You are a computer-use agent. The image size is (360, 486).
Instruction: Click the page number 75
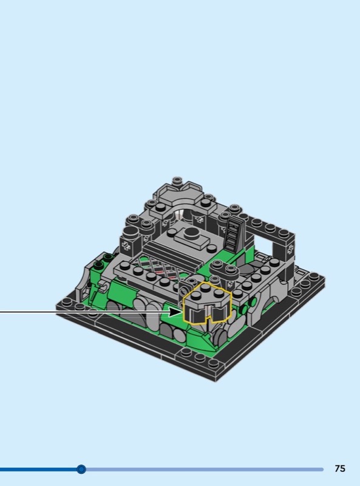[x=339, y=468]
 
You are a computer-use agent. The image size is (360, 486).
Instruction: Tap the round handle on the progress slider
[x=81, y=469]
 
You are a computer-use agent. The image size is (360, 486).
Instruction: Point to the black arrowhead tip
[x=183, y=312]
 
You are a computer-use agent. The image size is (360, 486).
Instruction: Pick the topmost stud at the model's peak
[x=177, y=180]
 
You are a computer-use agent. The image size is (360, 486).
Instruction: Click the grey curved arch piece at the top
[x=179, y=199]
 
